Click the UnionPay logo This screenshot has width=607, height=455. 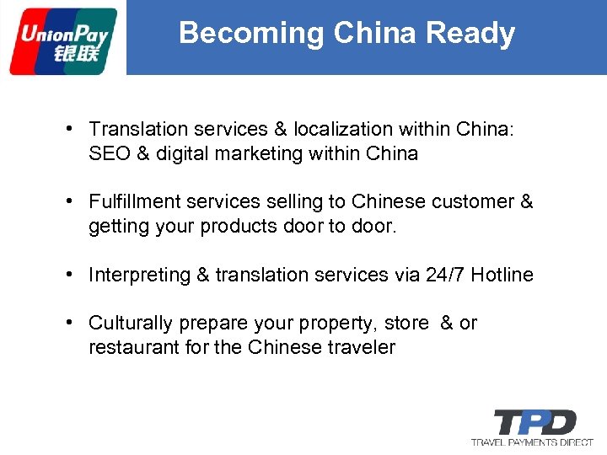pos(63,40)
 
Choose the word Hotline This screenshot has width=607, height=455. pos(502,275)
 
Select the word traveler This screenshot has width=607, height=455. pos(361,347)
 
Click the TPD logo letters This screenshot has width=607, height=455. pos(534,421)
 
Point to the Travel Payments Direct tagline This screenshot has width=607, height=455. pos(532,442)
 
